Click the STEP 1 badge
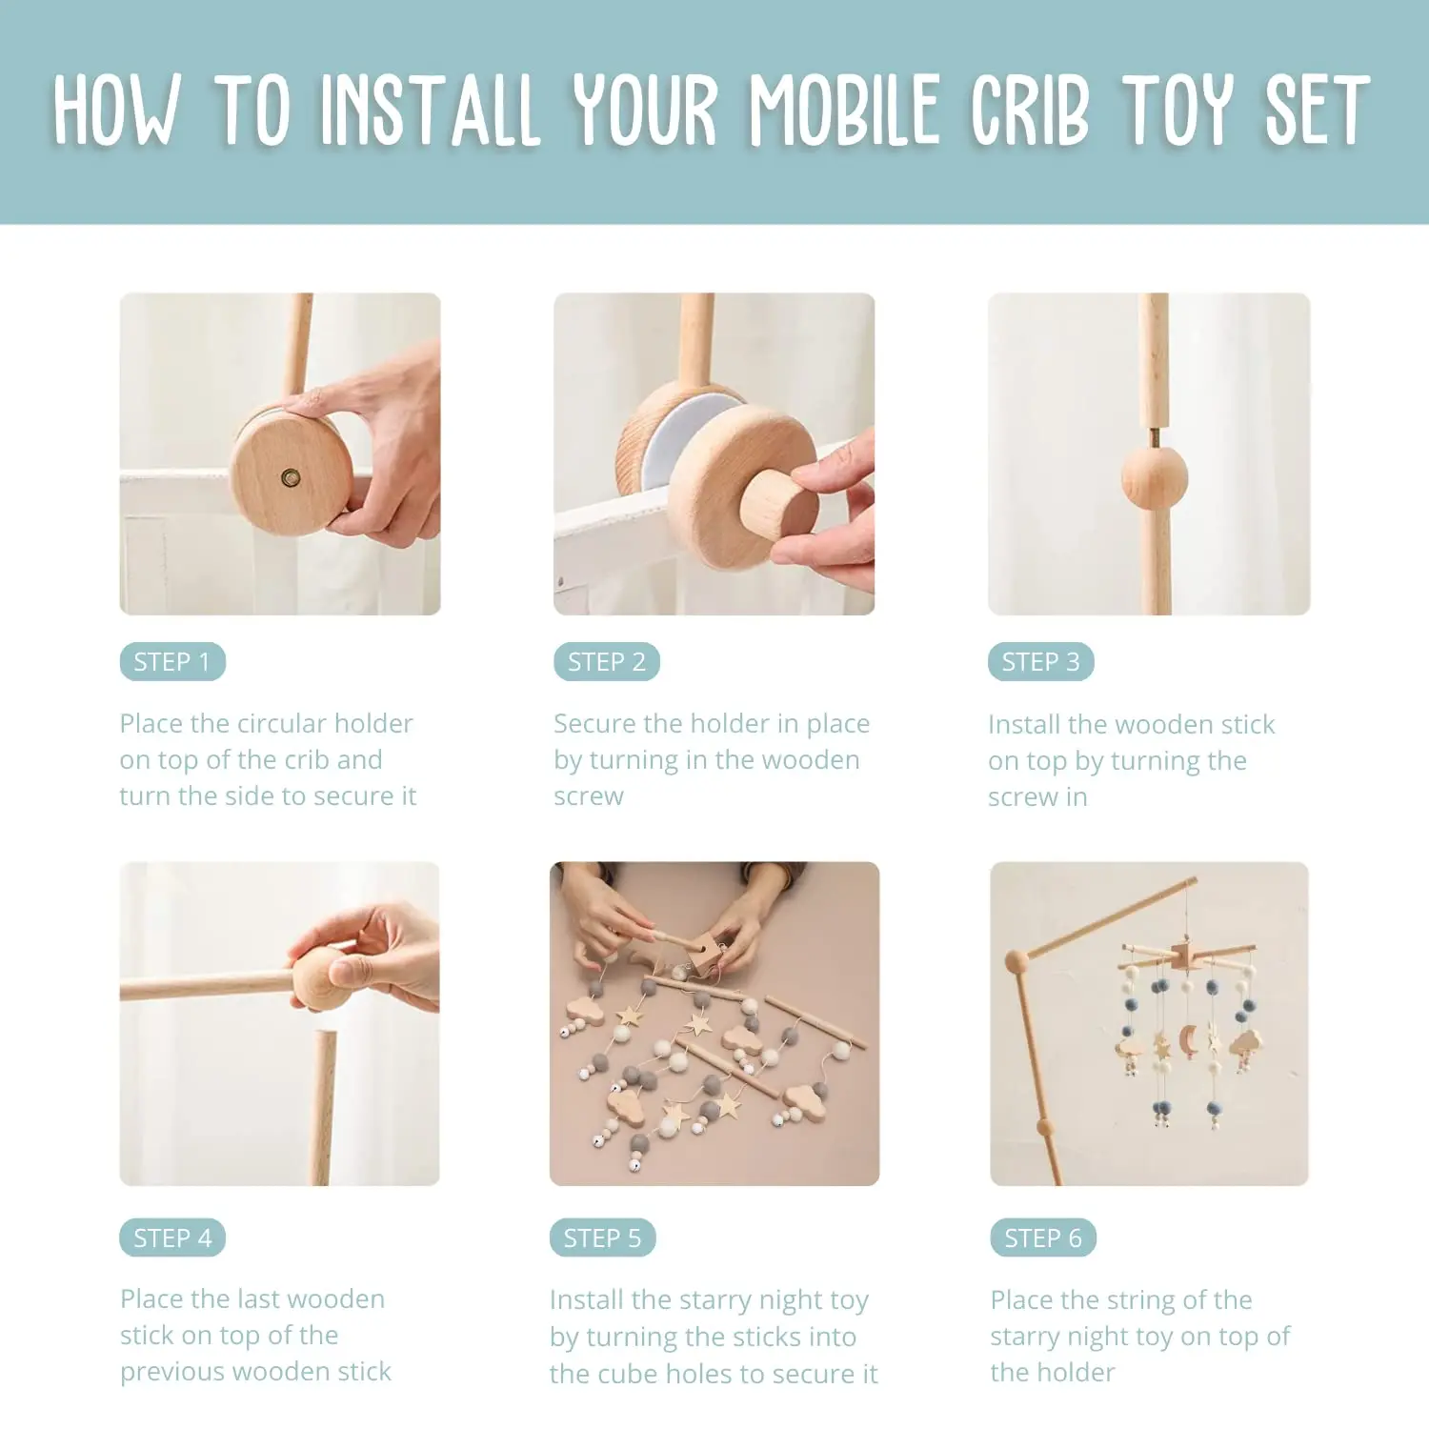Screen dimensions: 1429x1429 point(172,662)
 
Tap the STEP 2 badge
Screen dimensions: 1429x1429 point(607,662)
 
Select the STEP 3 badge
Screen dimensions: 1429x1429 point(1040,662)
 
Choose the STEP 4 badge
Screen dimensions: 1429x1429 point(172,1238)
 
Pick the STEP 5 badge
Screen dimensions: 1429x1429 point(602,1238)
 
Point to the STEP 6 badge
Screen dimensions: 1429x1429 point(1043,1238)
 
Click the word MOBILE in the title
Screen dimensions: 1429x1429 point(844,111)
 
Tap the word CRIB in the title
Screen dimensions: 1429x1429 point(1030,111)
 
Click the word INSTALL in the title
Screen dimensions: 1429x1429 point(431,111)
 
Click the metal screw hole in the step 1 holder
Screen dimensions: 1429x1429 point(291,477)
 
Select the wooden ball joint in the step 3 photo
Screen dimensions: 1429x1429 point(1155,478)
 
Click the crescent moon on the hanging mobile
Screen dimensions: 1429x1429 point(1188,1039)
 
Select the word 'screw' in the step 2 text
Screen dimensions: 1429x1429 point(589,796)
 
